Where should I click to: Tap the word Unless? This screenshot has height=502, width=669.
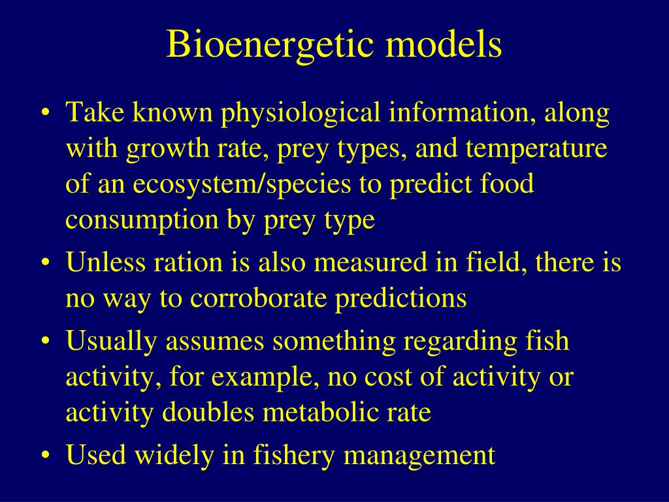tap(105, 263)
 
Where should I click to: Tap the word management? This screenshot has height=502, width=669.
tap(419, 455)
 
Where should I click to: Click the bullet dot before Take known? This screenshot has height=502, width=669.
tap(44, 114)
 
